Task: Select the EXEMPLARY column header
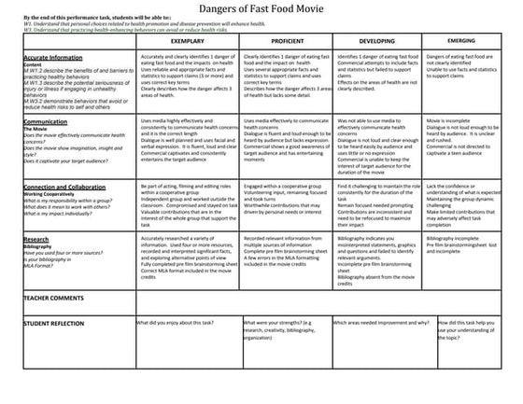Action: point(188,42)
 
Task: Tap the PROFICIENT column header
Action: point(284,42)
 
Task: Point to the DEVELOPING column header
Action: point(375,42)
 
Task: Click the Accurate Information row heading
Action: point(56,58)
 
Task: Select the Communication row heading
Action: point(48,120)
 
